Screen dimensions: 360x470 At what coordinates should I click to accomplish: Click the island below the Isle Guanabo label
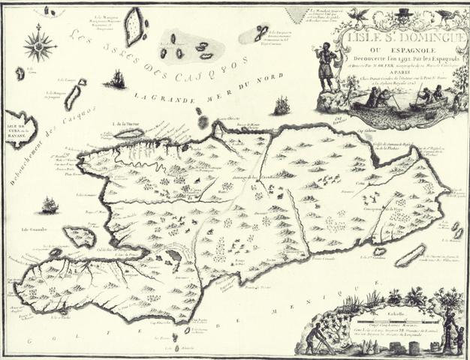pos(79,237)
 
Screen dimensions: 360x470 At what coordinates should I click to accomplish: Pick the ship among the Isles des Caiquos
pos(116,79)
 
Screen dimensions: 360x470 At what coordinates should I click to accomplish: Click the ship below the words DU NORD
pos(282,106)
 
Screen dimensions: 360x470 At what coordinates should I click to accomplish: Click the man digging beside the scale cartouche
pos(315,337)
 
